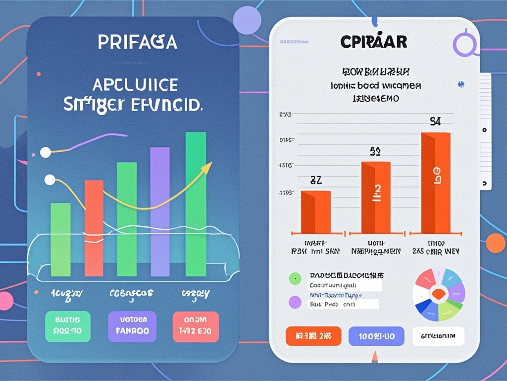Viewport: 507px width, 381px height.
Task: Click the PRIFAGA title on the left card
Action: (x=137, y=42)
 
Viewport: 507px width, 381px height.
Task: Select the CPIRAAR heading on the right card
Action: (x=374, y=42)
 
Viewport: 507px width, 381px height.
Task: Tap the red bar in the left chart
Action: (x=94, y=228)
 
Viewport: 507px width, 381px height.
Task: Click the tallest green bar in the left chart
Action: (x=196, y=203)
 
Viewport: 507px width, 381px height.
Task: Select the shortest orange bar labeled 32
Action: (x=316, y=212)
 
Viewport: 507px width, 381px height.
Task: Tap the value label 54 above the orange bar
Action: (x=435, y=122)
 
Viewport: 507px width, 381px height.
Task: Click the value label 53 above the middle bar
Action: (x=375, y=152)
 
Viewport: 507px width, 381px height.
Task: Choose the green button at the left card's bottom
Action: (x=68, y=326)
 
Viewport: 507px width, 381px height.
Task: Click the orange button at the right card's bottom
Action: (x=313, y=336)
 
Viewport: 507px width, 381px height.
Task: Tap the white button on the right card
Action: (x=438, y=336)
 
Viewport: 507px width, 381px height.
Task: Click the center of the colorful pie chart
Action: (x=439, y=295)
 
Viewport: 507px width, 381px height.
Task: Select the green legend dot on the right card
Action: (x=295, y=279)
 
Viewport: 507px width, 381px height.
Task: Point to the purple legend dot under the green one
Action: (x=295, y=301)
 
